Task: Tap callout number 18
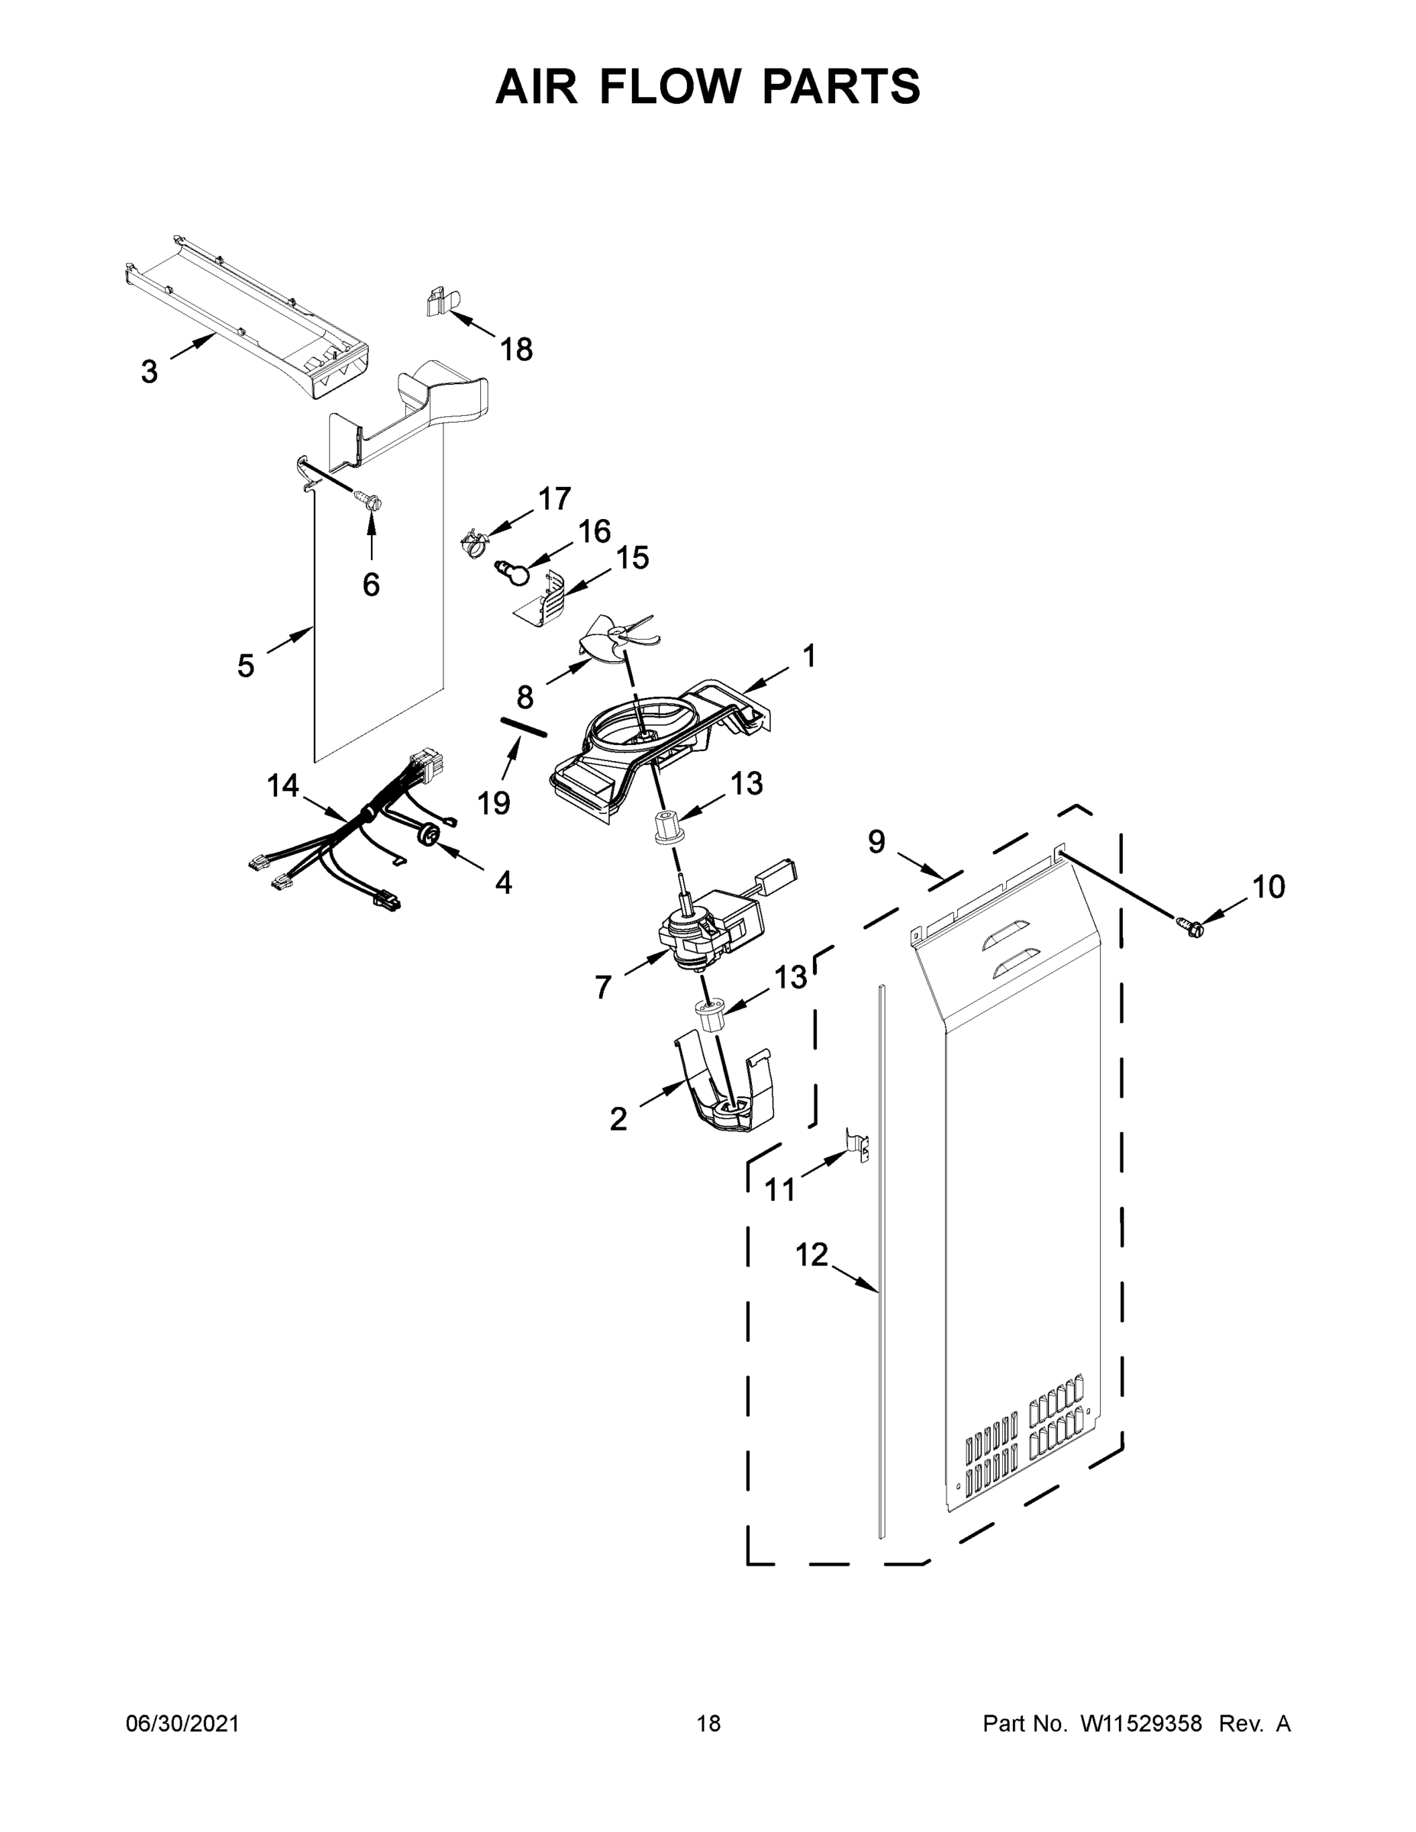pyautogui.click(x=517, y=350)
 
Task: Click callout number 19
pyautogui.click(x=494, y=804)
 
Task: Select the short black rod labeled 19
pyautogui.click(x=524, y=727)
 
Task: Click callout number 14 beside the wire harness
pyautogui.click(x=282, y=786)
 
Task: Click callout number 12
pyautogui.click(x=811, y=1256)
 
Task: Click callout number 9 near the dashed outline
pyautogui.click(x=876, y=840)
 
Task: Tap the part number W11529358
pyautogui.click(x=1141, y=1724)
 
